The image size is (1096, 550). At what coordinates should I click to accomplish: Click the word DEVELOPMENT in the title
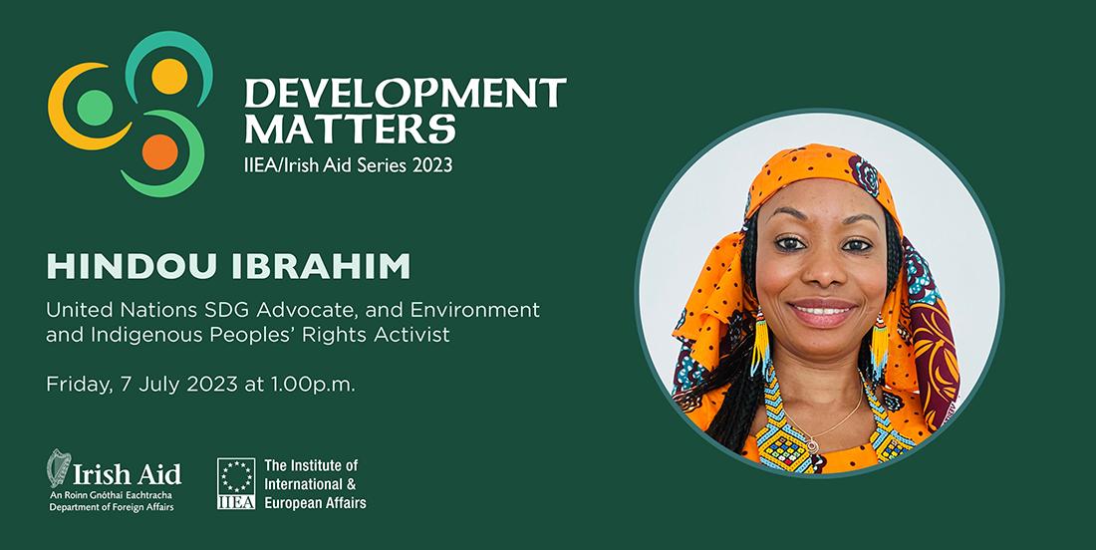tap(406, 93)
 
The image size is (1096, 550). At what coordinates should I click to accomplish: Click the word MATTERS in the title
tap(350, 129)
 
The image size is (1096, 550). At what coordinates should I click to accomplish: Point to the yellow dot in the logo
tap(169, 76)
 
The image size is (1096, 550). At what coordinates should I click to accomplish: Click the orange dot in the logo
tap(160, 152)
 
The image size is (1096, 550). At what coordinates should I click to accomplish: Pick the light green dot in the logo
tap(95, 108)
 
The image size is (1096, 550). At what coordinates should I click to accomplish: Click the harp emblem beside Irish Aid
tap(58, 468)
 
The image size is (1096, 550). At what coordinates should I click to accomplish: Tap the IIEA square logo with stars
tap(236, 483)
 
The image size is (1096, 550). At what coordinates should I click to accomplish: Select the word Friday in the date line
tap(76, 385)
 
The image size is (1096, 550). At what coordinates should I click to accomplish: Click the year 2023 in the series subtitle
tap(431, 165)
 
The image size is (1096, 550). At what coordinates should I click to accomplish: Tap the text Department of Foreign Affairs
tap(112, 507)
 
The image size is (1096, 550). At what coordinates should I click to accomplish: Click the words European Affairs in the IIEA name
tap(315, 503)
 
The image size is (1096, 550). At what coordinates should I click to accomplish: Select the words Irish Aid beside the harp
tap(128, 473)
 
